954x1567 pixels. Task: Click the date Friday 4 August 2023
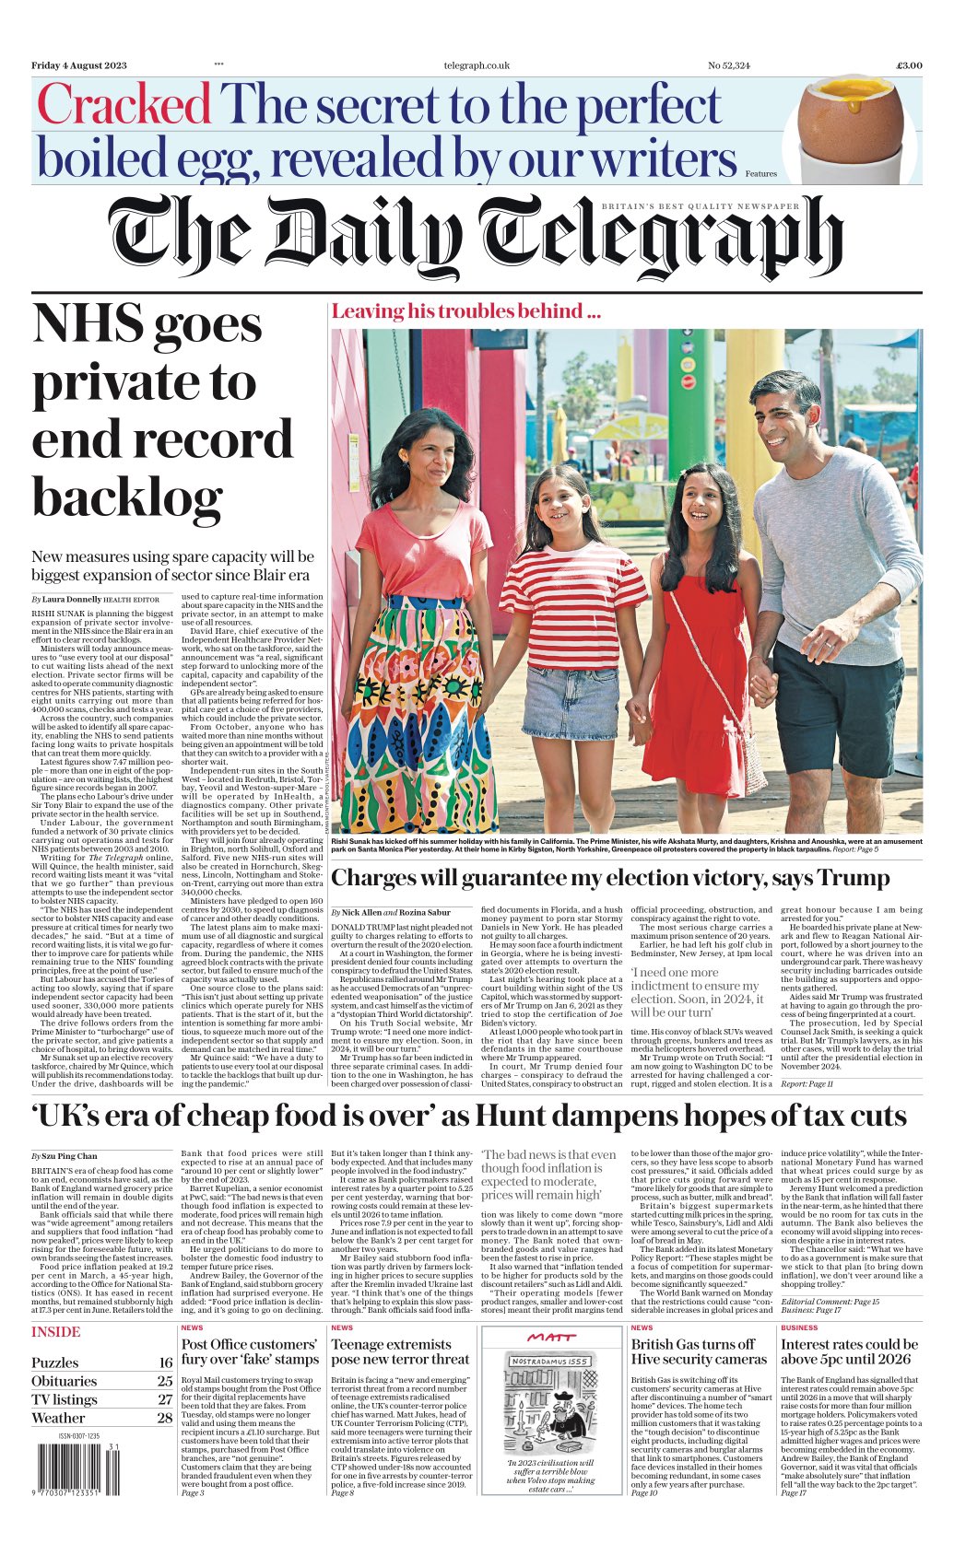click(x=78, y=65)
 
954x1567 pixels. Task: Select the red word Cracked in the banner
click(x=124, y=105)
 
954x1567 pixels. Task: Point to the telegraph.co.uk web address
click(x=476, y=65)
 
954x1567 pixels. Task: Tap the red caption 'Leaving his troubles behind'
click(x=465, y=311)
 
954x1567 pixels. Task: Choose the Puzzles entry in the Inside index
click(x=55, y=1362)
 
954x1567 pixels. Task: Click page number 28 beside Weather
click(x=164, y=1418)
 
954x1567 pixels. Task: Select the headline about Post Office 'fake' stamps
click(x=249, y=1351)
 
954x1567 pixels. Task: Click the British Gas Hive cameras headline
click(x=699, y=1351)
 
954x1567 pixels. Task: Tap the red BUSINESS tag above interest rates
click(x=799, y=1327)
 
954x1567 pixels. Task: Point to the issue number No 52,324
click(x=728, y=65)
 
